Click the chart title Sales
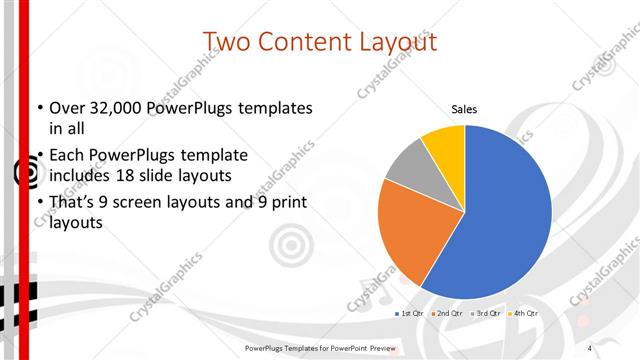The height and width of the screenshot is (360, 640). [x=464, y=108]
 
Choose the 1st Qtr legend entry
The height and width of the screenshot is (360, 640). [x=409, y=313]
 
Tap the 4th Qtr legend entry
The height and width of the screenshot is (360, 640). [x=523, y=313]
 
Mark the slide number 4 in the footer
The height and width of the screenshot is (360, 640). [x=590, y=347]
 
